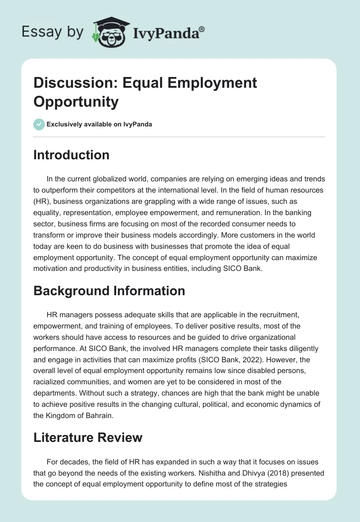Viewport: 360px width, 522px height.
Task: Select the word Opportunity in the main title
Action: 76,101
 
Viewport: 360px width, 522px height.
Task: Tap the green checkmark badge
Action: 39,124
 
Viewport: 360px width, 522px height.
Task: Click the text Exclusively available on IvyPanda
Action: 99,124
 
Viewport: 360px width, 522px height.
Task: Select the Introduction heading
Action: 72,155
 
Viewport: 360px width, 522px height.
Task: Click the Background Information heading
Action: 109,291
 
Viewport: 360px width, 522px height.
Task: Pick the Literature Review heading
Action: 88,437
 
